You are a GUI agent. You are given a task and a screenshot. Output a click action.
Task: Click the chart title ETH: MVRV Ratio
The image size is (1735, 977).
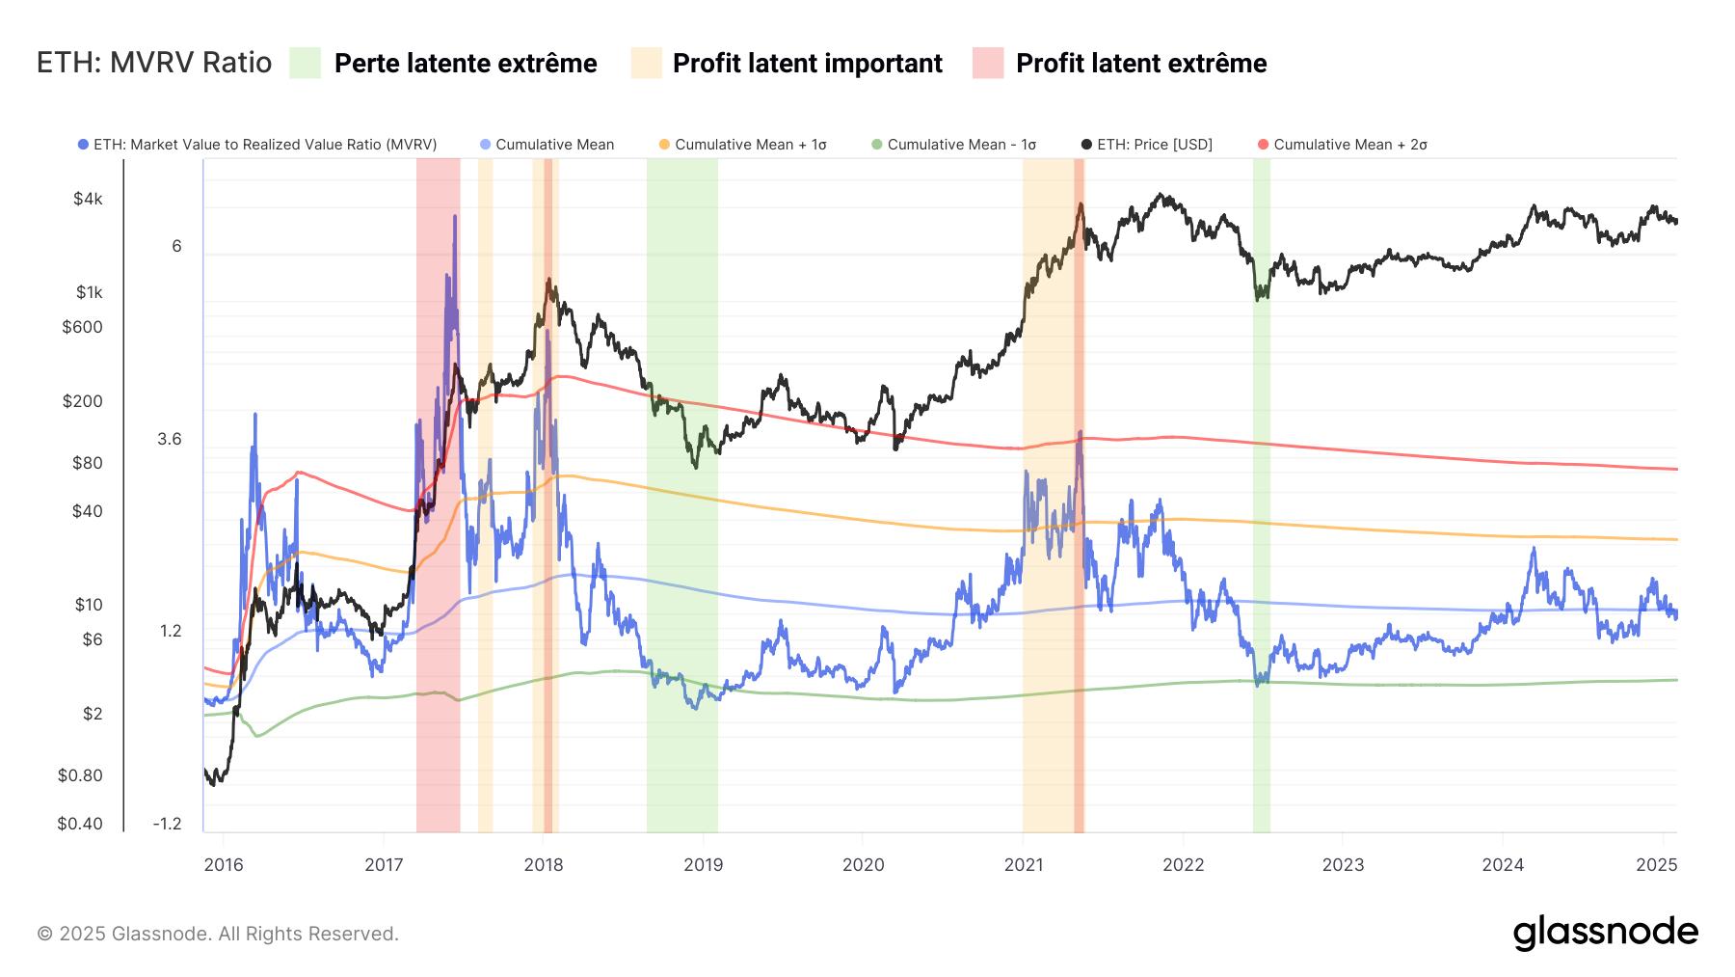[x=154, y=64]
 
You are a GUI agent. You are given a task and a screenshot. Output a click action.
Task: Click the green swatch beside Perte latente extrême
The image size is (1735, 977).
[x=305, y=64]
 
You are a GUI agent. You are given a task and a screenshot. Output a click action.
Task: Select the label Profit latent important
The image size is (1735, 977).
[x=807, y=64]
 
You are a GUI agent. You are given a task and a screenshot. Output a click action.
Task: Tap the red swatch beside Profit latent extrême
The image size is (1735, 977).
[x=988, y=64]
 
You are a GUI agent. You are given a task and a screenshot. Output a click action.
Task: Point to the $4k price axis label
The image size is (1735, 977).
[x=88, y=200]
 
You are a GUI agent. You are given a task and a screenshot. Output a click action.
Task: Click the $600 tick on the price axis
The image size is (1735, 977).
[x=82, y=327]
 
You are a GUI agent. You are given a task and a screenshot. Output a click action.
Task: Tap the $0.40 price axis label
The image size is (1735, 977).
[x=80, y=824]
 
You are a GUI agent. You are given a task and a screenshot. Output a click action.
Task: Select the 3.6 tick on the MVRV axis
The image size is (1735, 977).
[x=170, y=440]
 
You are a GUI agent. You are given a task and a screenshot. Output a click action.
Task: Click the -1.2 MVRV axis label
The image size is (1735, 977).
[x=167, y=824]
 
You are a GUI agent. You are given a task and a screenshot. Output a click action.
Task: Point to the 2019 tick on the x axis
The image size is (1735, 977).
[x=703, y=865]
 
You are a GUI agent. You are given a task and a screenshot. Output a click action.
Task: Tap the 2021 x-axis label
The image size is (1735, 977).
[x=1023, y=865]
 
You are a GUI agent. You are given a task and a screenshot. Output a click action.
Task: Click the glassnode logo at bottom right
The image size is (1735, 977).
[x=1605, y=933]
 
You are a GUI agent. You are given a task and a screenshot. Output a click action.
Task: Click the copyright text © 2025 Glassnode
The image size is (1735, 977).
[x=218, y=934]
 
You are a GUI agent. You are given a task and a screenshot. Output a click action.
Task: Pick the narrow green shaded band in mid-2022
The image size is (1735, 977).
[x=1261, y=482]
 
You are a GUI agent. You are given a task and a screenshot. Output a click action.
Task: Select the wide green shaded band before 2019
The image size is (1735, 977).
[x=681, y=482]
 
